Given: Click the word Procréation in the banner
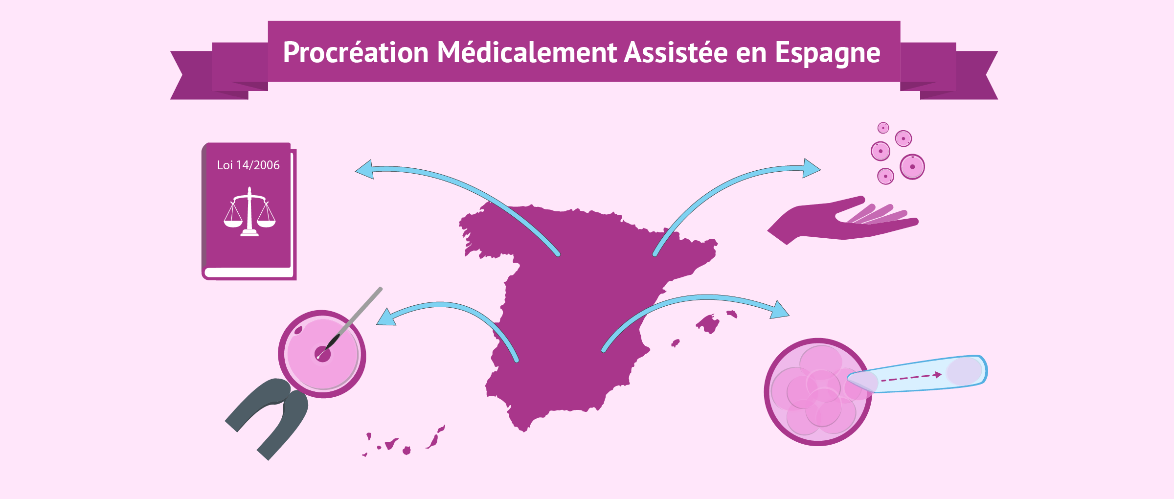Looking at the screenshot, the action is [x=356, y=52].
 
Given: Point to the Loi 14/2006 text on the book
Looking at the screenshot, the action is [x=248, y=165].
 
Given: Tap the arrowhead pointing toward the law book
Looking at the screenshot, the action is [x=364, y=169].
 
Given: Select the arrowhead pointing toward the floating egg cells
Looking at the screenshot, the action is [x=812, y=168].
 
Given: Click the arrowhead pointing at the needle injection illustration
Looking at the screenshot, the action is [x=386, y=317].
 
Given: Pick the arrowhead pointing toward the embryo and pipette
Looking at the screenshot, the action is [x=780, y=310].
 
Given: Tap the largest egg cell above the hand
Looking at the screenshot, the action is [x=912, y=167].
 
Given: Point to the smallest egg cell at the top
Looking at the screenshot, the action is [x=883, y=128].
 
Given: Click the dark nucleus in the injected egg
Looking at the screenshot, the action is [x=322, y=354].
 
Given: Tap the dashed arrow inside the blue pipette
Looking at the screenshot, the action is [x=911, y=377].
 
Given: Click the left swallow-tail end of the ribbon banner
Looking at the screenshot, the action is [x=196, y=75].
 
